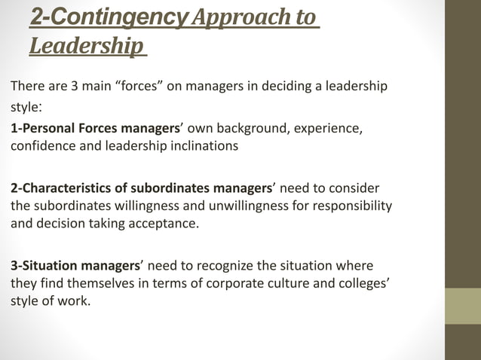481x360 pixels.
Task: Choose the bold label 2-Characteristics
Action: [x=67, y=188]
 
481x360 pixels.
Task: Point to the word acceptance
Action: [x=162, y=224]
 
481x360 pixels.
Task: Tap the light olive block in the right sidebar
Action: [x=463, y=306]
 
